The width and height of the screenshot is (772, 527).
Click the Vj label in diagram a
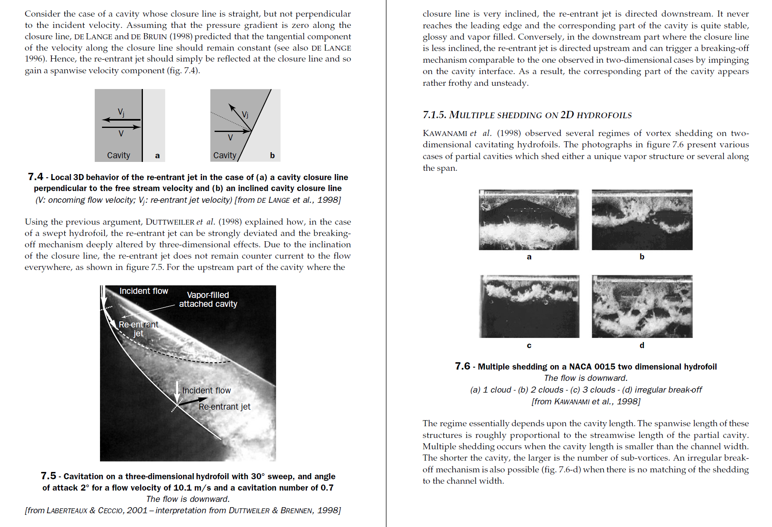click(121, 112)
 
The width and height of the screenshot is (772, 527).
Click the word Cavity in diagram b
click(225, 155)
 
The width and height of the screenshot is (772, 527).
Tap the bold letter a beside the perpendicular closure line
click(157, 156)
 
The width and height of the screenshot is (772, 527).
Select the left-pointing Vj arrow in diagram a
click(121, 119)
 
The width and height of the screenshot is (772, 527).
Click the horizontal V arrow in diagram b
click(232, 131)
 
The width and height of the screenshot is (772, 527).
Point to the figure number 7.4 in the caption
click(35, 177)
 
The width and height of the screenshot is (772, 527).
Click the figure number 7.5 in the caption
click(48, 476)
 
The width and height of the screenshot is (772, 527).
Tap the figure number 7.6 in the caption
click(462, 366)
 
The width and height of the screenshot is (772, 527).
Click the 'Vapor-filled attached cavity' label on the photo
click(208, 300)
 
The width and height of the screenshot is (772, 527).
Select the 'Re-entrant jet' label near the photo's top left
click(138, 329)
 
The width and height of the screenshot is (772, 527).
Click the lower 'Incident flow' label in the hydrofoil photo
click(206, 391)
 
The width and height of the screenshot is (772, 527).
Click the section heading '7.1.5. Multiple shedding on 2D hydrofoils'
click(527, 115)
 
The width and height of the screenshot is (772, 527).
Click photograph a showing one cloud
click(529, 220)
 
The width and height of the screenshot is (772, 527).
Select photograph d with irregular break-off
click(642, 306)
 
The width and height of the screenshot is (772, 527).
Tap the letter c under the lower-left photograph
click(529, 346)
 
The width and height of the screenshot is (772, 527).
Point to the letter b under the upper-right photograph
click(642, 257)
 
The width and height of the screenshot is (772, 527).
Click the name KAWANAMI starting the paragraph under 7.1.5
click(444, 134)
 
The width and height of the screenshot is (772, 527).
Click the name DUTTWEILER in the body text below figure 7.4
click(170, 222)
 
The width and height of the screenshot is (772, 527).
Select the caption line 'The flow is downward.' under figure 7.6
click(585, 378)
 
